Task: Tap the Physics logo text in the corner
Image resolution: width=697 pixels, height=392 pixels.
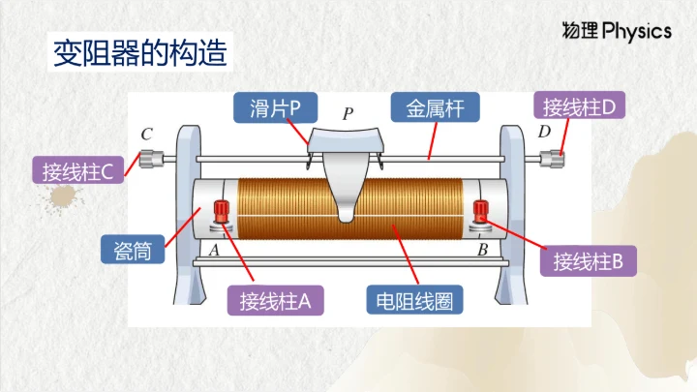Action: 617,31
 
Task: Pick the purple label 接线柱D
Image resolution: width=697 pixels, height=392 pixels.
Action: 580,107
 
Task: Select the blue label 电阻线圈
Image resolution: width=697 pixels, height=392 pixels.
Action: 414,300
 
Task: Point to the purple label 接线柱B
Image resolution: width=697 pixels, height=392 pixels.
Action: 594,260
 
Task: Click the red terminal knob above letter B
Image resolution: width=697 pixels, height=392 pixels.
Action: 481,210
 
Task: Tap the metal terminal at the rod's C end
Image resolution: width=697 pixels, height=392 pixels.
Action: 149,158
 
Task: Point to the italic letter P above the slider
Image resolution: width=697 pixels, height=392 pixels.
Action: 348,114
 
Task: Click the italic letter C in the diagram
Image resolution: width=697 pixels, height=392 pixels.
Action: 146,134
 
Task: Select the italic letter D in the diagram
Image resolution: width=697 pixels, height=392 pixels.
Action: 544,132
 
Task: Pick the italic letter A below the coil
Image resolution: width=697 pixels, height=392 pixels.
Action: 213,251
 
